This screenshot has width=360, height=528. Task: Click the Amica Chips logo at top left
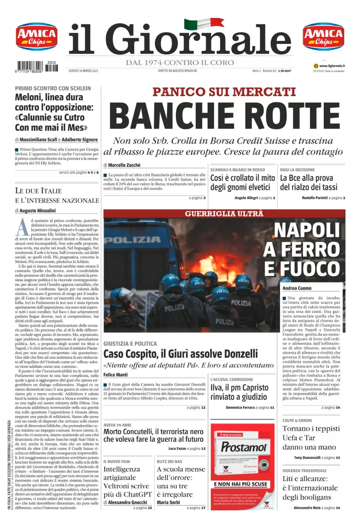[37, 37]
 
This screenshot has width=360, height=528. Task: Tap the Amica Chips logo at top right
[323, 37]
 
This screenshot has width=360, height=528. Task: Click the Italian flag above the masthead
[204, 24]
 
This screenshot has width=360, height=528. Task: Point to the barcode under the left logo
[37, 67]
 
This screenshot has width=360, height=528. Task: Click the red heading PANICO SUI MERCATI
[224, 92]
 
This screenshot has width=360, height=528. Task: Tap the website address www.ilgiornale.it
[332, 66]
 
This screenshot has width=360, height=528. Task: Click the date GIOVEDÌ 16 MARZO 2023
[83, 71]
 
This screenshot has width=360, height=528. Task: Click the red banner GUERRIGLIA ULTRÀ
[224, 213]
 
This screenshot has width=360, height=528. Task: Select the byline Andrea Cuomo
[297, 288]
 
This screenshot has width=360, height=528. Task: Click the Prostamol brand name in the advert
[244, 447]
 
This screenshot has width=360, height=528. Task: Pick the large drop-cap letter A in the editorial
[23, 227]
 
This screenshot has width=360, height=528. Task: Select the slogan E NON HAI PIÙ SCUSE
[240, 484]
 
